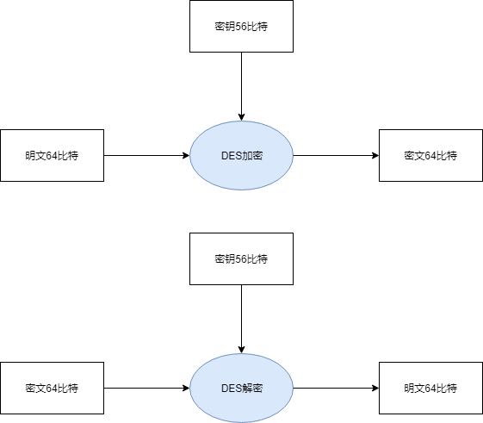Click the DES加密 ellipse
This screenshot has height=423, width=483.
coord(241,155)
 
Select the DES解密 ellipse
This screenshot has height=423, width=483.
coord(241,388)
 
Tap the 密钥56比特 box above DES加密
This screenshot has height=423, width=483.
coord(241,26)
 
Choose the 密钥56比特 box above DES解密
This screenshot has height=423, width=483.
coord(241,258)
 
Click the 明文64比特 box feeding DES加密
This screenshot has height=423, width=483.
coord(52,155)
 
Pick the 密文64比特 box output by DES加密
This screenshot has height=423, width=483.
coord(430,155)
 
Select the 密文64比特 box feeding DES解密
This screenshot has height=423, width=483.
coord(52,388)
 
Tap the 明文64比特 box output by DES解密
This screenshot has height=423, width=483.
coord(430,388)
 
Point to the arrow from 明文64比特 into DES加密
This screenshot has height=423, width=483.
coord(146,155)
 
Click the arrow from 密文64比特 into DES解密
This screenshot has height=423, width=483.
coord(146,388)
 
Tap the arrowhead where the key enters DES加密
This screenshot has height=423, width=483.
coord(241,116)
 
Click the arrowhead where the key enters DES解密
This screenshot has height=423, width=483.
coord(241,349)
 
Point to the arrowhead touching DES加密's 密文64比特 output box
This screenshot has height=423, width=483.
coord(375,155)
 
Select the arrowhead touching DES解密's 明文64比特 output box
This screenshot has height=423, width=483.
coord(375,388)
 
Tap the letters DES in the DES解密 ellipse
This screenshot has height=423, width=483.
coord(231,388)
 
